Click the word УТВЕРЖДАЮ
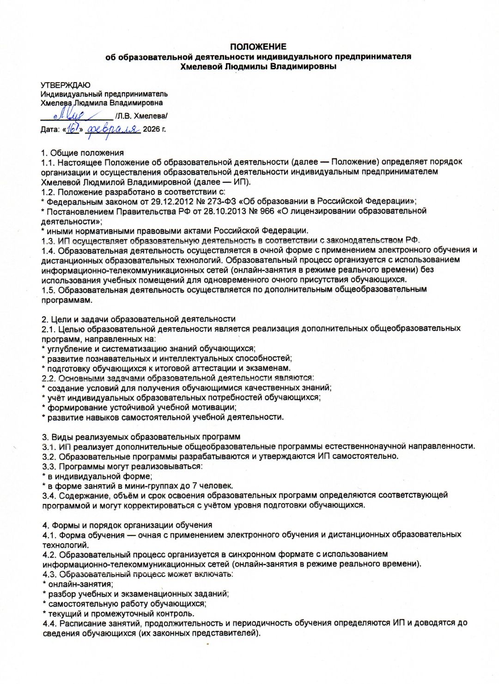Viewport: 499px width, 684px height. pos(65,85)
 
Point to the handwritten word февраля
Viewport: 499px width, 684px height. pos(114,130)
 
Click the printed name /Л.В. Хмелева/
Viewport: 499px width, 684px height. pos(141,116)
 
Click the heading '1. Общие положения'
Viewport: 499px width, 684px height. pos(82,153)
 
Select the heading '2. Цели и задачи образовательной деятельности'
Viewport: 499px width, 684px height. pos(138,319)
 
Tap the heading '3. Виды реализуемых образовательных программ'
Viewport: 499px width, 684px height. pos(141,437)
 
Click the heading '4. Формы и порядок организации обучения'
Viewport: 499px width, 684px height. pos(127,525)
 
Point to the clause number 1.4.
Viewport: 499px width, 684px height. pos(48,250)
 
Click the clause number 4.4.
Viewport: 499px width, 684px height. pos(49,623)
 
